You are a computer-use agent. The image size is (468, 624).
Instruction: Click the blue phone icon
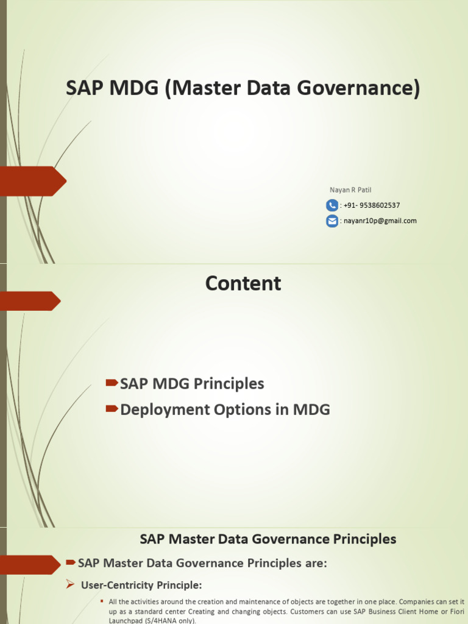332,205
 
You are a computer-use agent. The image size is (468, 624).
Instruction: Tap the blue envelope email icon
332,221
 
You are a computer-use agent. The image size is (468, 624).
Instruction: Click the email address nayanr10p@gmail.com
380,221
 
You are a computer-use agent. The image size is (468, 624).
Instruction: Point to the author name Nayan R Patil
350,190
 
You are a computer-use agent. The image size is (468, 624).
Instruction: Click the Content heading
243,283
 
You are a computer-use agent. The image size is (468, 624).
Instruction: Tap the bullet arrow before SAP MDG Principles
112,383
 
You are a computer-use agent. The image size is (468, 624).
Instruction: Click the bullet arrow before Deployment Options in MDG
112,409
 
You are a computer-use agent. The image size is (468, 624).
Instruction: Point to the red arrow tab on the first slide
34,181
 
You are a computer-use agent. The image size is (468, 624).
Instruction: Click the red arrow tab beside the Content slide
30,301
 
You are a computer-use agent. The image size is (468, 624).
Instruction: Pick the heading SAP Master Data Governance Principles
268,539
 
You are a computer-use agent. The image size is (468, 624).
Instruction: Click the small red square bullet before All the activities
102,601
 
